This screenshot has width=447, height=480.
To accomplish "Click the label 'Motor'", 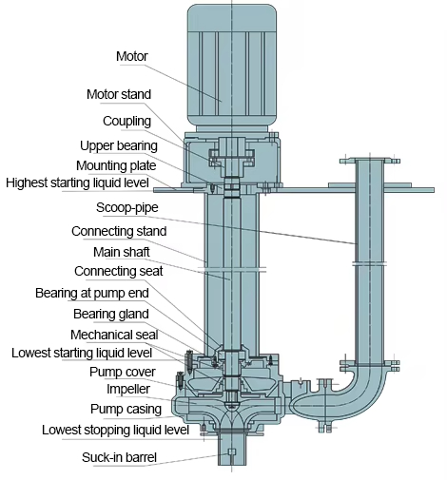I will (x=131, y=57).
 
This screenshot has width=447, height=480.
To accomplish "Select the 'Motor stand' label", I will (x=118, y=95).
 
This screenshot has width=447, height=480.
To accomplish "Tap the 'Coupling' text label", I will (x=126, y=121).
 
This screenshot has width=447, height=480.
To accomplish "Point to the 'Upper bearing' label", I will (x=117, y=145).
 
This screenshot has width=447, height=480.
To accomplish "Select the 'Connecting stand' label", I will (x=119, y=231).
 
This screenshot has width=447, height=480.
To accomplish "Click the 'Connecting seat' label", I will (x=119, y=272).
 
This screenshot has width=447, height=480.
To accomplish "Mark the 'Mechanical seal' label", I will (x=113, y=335).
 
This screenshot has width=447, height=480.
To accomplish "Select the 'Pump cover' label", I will (x=123, y=372).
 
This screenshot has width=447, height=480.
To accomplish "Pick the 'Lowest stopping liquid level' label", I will (x=115, y=430).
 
